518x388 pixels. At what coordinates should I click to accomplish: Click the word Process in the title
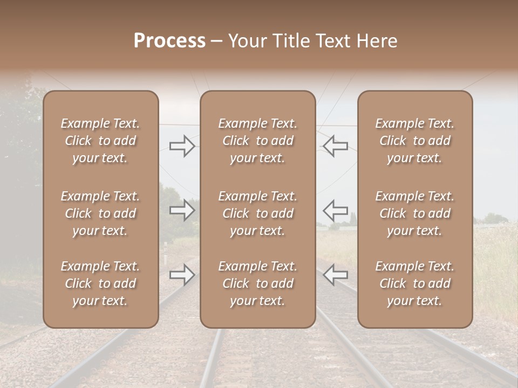[169, 41]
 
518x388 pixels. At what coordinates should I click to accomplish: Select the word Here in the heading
[377, 41]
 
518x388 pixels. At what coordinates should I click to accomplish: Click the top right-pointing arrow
[182, 145]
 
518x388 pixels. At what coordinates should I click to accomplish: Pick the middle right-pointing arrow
[182, 210]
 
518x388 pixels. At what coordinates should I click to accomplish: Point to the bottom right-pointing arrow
[182, 275]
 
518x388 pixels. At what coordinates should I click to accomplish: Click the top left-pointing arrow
[336, 145]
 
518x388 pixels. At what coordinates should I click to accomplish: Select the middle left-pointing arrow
[336, 210]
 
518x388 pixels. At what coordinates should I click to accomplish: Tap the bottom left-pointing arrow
[336, 275]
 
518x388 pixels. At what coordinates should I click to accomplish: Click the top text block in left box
[100, 141]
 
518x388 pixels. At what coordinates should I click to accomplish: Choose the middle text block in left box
[100, 213]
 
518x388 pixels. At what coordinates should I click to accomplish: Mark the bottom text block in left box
[100, 283]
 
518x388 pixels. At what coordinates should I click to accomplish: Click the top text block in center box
[257, 141]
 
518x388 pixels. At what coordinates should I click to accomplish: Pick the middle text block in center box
[257, 213]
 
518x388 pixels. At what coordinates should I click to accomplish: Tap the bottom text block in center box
[257, 283]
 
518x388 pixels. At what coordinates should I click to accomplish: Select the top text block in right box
[414, 141]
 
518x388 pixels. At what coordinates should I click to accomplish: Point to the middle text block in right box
[414, 213]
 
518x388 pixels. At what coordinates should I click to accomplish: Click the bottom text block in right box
[414, 283]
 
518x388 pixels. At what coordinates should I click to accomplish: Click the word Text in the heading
[333, 41]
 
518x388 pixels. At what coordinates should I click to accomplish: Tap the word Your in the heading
[248, 41]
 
